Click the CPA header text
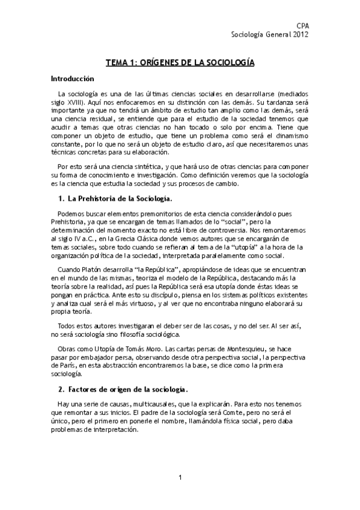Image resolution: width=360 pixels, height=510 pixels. (303, 26)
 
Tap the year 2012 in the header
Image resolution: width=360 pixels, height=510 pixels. (300, 35)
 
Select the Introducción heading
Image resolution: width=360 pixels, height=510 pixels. (73, 79)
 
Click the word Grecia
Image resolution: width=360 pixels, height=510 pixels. (123, 239)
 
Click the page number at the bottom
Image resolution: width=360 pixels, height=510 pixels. (180, 478)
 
